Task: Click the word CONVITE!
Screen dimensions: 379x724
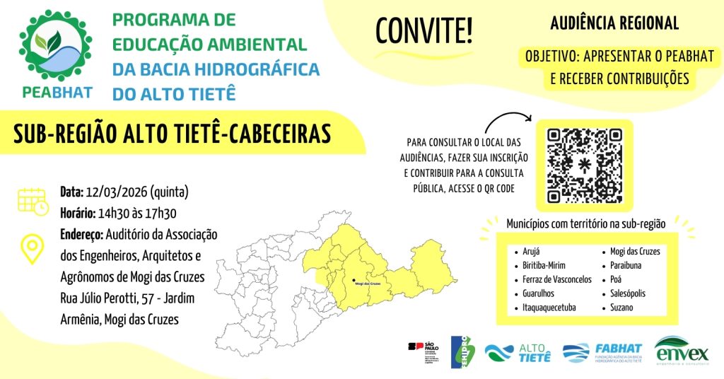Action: [x=424, y=30]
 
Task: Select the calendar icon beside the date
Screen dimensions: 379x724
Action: [x=33, y=200]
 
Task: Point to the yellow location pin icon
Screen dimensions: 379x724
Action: [x=33, y=248]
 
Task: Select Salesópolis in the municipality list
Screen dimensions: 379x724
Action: [x=623, y=293]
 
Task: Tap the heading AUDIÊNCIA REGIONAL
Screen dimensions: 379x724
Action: [x=614, y=23]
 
